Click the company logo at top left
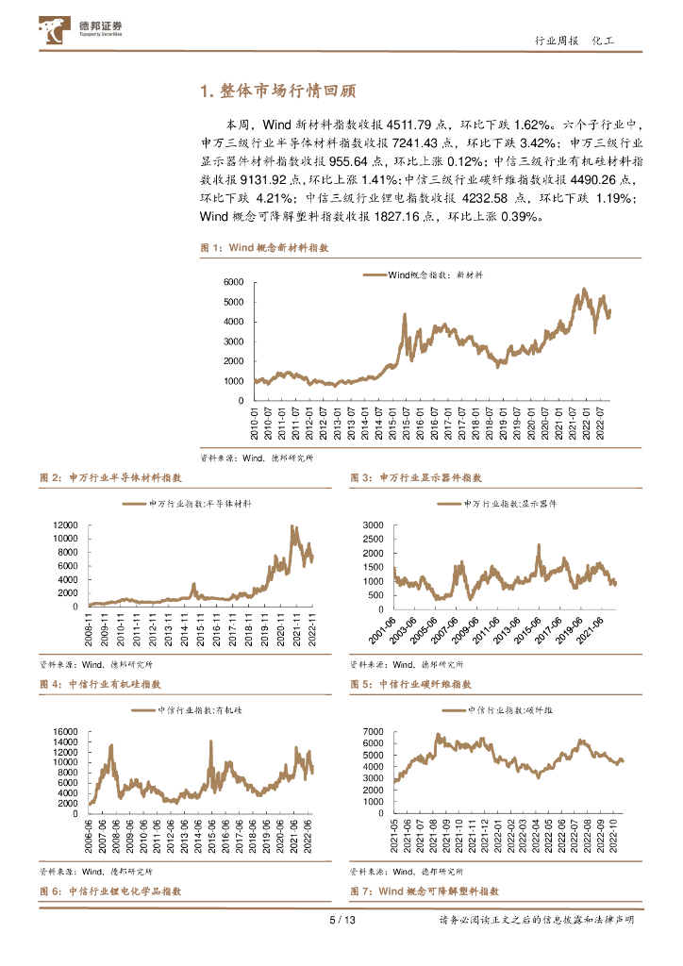click(x=83, y=30)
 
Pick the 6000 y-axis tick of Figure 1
click(x=233, y=283)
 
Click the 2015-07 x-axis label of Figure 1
click(x=406, y=423)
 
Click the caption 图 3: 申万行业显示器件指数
click(x=416, y=478)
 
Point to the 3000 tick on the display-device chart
click(x=375, y=525)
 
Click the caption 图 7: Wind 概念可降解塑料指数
click(x=424, y=891)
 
